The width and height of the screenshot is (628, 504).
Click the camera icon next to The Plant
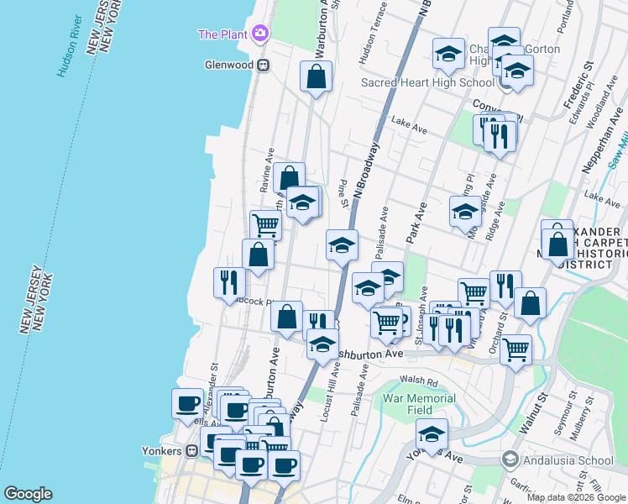point(260,34)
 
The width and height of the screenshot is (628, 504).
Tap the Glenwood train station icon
point(263,64)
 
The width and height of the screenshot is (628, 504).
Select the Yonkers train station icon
point(191,450)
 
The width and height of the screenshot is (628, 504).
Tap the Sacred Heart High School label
point(427,82)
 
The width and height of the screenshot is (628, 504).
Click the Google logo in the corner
point(28,494)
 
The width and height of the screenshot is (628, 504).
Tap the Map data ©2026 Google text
point(576,497)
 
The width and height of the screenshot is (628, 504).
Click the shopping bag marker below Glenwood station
point(316,78)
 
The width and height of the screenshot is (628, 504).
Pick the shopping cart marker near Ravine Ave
point(265,225)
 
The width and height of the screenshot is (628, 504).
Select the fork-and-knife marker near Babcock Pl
point(228,282)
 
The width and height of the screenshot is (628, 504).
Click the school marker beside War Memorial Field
point(432,433)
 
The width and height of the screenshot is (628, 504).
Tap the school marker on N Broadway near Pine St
point(342,245)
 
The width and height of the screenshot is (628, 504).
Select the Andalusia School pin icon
point(509,459)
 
